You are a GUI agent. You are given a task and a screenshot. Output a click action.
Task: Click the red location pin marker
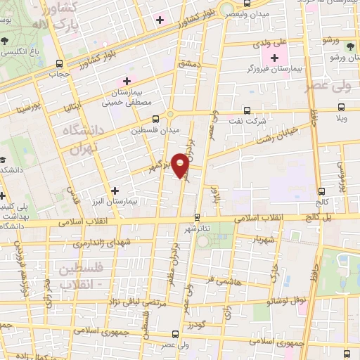click(181, 165)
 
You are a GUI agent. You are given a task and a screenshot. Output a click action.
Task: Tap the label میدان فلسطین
click(156, 130)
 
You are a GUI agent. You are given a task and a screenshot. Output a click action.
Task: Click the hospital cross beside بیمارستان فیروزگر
click(274, 57)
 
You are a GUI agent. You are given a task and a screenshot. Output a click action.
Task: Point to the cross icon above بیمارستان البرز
click(115, 190)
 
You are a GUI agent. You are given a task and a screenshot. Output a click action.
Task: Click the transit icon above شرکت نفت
click(246, 110)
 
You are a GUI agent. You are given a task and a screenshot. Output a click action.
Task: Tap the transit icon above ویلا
click(341, 108)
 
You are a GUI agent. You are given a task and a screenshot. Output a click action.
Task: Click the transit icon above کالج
click(321, 191)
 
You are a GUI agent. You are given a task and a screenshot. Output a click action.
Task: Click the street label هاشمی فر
click(219, 279)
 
